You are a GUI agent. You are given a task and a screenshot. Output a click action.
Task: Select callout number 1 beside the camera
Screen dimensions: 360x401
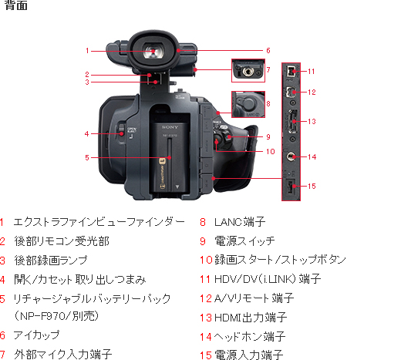click(88, 51)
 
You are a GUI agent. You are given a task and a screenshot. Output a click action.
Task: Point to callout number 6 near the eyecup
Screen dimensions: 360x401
click(268, 51)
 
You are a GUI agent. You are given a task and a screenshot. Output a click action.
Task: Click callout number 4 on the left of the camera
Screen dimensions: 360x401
click(86, 133)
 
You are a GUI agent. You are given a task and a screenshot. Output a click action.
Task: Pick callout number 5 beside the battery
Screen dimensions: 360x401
click(88, 158)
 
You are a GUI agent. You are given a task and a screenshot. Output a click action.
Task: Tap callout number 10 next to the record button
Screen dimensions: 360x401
click(270, 152)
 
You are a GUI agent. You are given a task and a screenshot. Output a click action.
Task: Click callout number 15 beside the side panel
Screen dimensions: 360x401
click(311, 186)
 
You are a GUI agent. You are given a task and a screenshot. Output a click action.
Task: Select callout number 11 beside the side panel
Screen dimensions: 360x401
click(311, 71)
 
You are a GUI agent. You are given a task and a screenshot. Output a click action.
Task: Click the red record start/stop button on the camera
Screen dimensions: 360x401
click(221, 141)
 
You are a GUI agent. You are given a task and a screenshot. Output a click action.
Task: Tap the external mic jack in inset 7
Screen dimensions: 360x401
click(249, 71)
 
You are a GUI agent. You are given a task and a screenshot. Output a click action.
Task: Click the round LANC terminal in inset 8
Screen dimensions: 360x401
click(248, 101)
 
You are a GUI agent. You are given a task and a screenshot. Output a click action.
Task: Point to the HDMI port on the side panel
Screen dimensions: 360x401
click(291, 123)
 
